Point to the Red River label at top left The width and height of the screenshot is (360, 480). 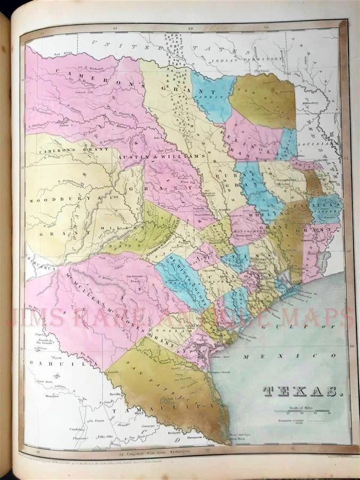tap(51, 54)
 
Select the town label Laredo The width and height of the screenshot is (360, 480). tap(113, 371)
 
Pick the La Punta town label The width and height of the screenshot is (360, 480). tap(96, 420)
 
